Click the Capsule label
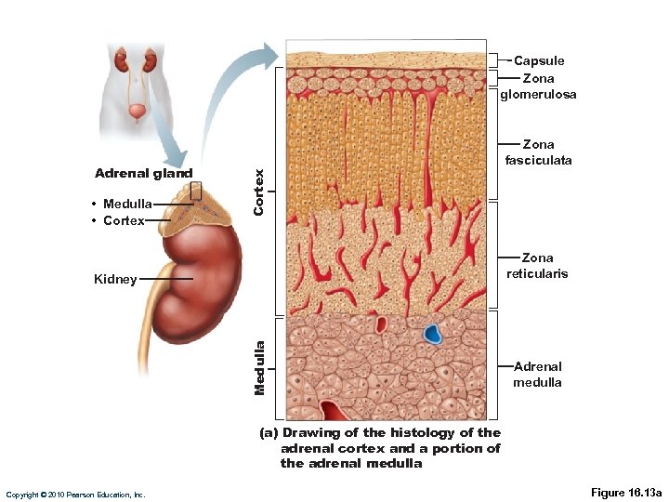[x=539, y=60]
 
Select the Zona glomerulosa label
[x=538, y=86]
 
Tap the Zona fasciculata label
[x=538, y=152]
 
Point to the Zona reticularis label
[x=537, y=266]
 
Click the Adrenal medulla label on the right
[x=537, y=375]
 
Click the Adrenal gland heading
[x=143, y=174]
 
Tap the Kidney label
[x=115, y=279]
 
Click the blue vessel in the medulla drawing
[x=433, y=334]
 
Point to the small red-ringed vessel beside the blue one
[x=381, y=324]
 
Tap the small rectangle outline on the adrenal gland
[x=195, y=190]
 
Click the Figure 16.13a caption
[x=625, y=492]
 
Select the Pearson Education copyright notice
[x=75, y=495]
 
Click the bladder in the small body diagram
[x=137, y=112]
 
